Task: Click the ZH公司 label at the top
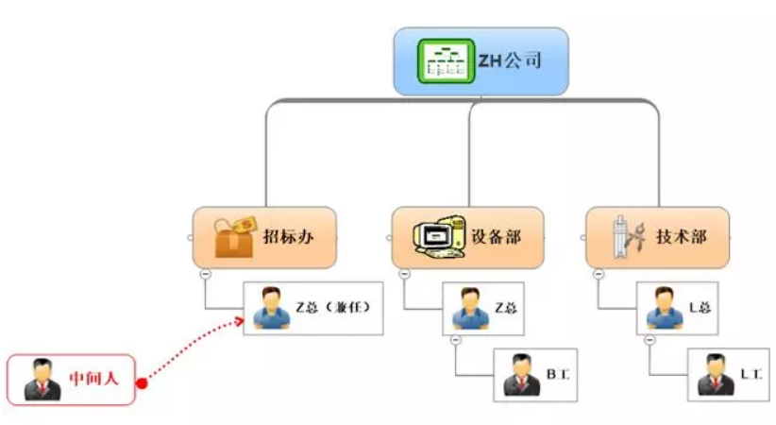click(511, 63)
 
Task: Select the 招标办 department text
click(288, 237)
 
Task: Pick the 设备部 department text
click(496, 237)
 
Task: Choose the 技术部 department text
click(681, 237)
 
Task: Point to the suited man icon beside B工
click(522, 374)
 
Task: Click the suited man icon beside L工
click(716, 374)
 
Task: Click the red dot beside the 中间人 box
click(141, 382)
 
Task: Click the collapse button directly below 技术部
click(599, 274)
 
